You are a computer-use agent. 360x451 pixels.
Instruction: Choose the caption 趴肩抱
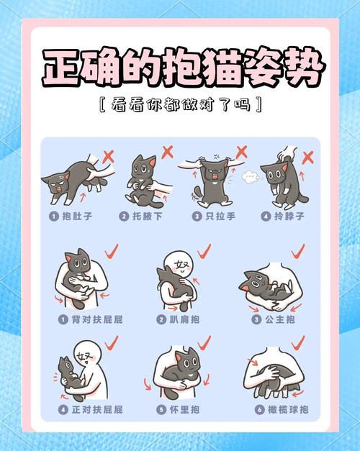182,319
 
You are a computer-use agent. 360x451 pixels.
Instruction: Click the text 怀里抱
182,409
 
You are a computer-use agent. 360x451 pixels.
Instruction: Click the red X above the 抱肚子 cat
108,155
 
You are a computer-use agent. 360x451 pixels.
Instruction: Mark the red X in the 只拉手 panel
241,152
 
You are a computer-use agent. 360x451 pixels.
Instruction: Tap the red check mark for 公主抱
297,251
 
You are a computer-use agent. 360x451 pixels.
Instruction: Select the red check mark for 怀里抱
204,340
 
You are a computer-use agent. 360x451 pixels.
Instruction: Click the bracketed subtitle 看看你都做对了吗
180,105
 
